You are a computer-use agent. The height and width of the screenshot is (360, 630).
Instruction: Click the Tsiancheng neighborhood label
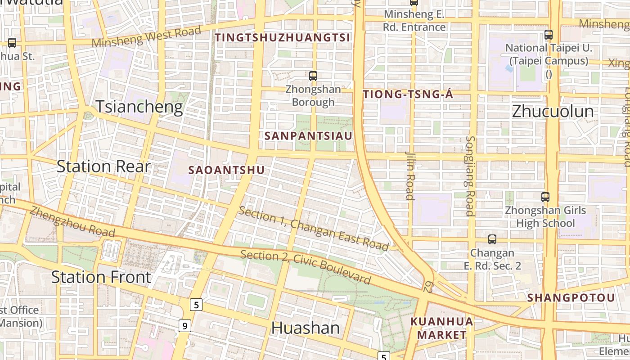tap(139, 107)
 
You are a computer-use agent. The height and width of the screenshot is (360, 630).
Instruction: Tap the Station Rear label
tap(103, 166)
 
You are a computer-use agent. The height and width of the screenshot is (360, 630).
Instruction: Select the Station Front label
tap(101, 277)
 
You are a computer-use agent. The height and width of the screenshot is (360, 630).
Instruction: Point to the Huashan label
tap(305, 328)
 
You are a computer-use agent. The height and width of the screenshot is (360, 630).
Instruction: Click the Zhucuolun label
tap(553, 111)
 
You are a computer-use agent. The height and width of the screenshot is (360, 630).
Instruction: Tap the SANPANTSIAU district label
tap(308, 135)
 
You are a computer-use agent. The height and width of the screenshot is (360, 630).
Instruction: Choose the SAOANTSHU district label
tap(226, 170)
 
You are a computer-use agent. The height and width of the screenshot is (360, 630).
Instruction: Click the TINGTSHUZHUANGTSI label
tap(282, 38)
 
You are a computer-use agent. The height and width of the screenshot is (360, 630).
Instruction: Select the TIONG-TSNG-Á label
tap(408, 94)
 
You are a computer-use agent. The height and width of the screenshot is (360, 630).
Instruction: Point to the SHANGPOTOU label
tap(571, 298)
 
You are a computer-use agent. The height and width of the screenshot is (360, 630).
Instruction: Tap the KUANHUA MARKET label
tap(442, 328)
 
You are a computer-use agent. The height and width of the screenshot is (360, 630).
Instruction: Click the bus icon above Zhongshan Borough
tap(313, 76)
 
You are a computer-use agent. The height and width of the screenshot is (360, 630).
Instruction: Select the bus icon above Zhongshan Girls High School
tap(545, 197)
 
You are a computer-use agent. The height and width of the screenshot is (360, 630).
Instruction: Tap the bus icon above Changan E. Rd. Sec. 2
tap(492, 239)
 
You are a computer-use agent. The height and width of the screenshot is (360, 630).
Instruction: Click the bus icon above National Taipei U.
tap(549, 34)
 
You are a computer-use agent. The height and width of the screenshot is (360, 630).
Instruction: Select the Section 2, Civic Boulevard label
tap(306, 267)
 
